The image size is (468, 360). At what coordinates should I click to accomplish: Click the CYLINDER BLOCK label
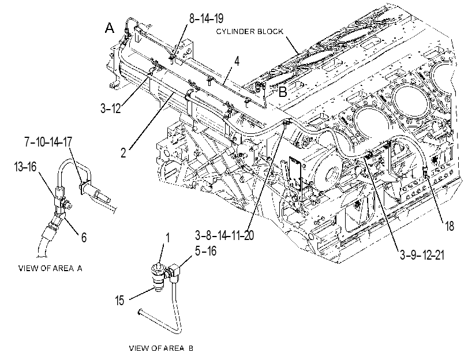tap(249, 31)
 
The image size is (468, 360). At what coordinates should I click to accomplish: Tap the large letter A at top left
tap(110, 28)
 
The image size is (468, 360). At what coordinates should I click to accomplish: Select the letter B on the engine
tap(283, 92)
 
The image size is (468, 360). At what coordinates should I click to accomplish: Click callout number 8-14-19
tap(206, 18)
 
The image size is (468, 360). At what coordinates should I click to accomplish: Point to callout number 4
tap(237, 61)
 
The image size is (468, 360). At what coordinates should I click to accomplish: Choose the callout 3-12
tap(110, 108)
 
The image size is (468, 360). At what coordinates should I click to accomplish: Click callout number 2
tap(123, 152)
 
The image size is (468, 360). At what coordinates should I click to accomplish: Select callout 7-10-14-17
tap(48, 142)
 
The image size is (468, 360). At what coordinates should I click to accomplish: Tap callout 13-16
tap(25, 167)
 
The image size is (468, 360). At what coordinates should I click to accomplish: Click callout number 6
tap(84, 237)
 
